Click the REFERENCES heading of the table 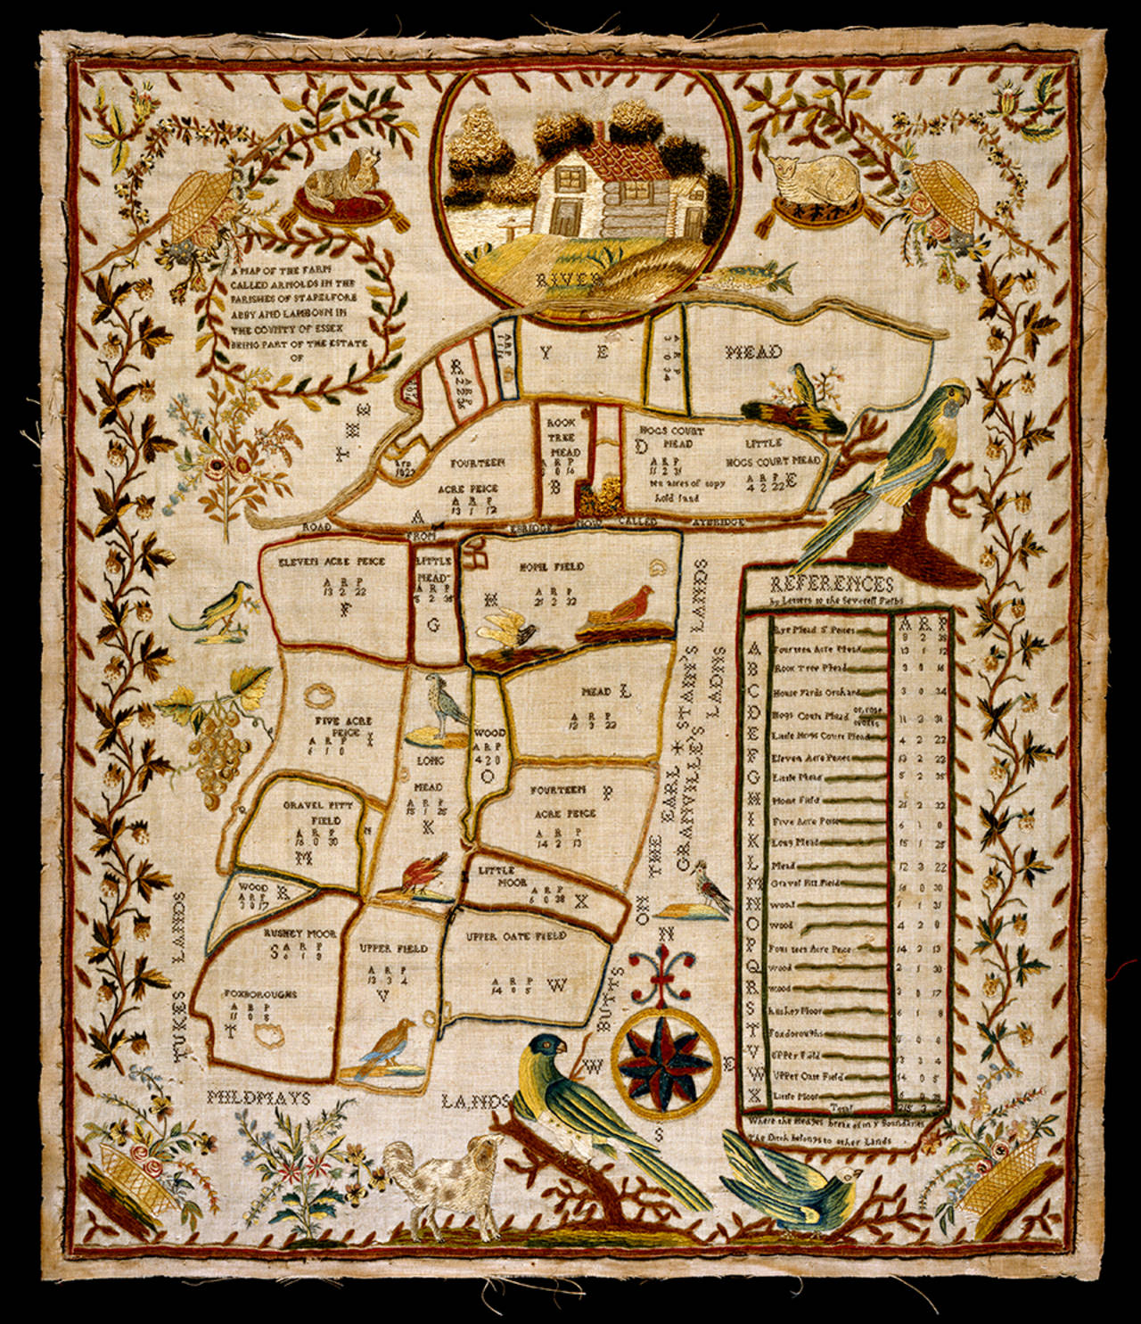tap(831, 584)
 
